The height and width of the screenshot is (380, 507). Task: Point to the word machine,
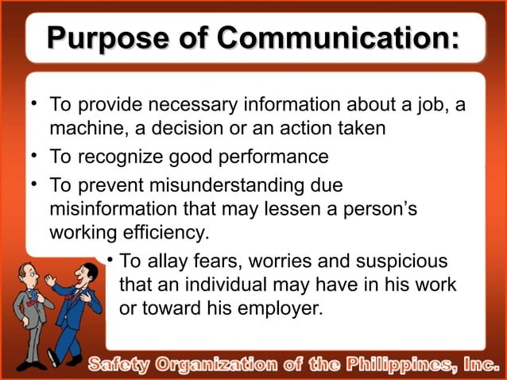(84, 127)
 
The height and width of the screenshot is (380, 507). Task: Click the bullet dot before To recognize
(36, 154)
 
